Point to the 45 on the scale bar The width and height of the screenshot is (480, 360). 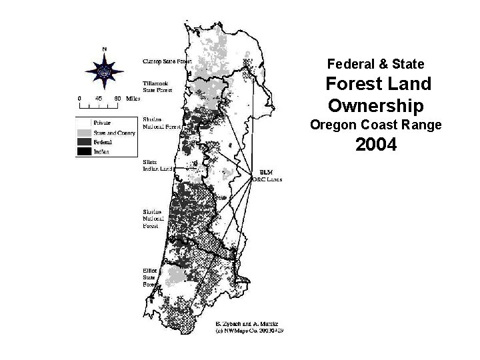(98, 97)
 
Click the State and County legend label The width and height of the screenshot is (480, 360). (115, 133)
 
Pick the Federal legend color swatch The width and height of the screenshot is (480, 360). (85, 141)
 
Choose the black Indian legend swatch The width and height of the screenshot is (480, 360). (85, 151)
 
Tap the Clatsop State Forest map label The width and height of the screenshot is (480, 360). (167, 61)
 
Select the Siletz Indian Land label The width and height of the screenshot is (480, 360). (158, 165)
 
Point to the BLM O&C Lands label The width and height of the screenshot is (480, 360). (267, 176)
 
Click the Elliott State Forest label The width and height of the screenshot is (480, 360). (149, 277)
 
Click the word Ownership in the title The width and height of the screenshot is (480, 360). (376, 106)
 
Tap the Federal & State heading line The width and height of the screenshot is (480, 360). (376, 65)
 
